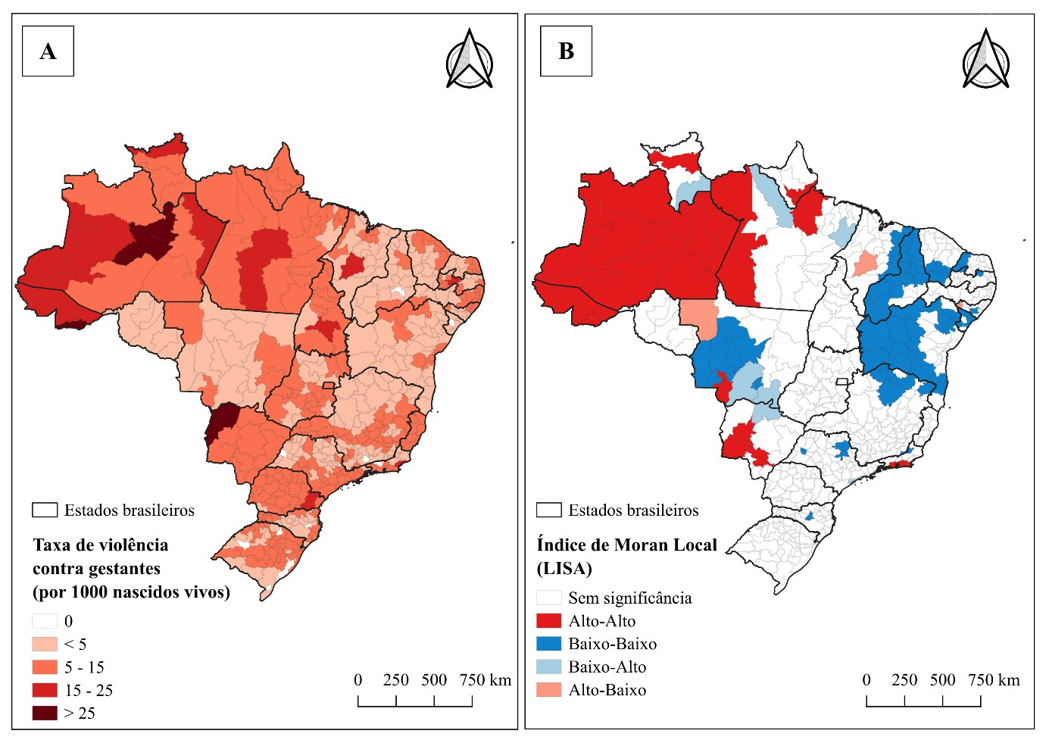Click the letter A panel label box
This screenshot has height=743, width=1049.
tap(48, 51)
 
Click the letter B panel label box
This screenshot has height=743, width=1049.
tap(567, 51)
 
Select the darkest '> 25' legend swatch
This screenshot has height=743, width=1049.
tap(45, 713)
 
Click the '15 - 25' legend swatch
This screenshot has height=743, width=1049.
tap(45, 690)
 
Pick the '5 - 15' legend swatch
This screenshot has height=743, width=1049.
tap(45, 667)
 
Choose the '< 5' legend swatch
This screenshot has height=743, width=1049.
tap(45, 644)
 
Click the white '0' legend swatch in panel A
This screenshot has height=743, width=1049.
tap(45, 621)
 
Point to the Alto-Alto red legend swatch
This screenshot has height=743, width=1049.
tap(549, 621)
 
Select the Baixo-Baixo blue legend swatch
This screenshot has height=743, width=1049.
tap(549, 644)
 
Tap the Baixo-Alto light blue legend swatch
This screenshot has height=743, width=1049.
tap(549, 667)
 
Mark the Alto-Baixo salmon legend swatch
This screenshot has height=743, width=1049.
tap(549, 690)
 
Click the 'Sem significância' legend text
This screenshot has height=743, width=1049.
tap(630, 598)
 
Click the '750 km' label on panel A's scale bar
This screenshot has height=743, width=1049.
tap(485, 680)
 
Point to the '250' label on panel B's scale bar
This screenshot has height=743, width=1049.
tap(904, 680)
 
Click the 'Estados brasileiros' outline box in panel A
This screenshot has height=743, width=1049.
tap(45, 510)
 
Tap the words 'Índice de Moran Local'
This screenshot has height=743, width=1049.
tap(626, 545)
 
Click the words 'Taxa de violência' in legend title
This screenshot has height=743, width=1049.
tap(101, 545)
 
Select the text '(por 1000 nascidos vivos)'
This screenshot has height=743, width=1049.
tap(131, 592)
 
